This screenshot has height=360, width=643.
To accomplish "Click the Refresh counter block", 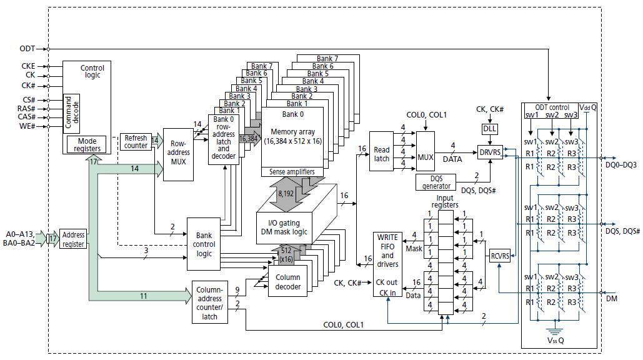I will [x=136, y=142].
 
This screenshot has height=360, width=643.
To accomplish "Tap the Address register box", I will [x=73, y=240].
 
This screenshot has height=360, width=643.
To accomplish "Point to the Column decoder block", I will [x=287, y=282].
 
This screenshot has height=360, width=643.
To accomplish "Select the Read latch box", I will [x=381, y=154].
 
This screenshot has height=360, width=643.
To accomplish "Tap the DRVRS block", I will [x=490, y=152].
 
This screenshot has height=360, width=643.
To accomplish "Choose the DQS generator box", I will [x=436, y=182].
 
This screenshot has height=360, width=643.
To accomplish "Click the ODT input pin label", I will [x=27, y=48].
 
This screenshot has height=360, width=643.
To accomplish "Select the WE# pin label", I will [x=27, y=126].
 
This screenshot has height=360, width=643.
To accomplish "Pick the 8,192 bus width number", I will [x=286, y=194].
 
